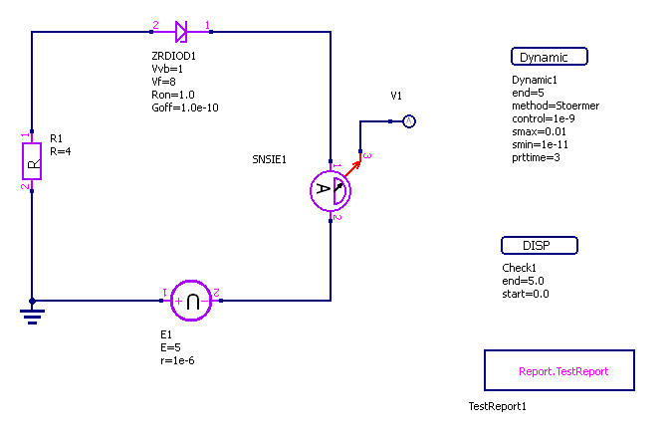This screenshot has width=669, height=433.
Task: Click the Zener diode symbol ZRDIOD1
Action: point(180,32)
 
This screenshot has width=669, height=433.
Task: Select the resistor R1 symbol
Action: point(33,160)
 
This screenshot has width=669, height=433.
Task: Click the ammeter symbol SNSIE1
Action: point(332,190)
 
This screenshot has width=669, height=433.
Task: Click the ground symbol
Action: point(33,315)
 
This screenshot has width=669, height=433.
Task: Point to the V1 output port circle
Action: point(407,121)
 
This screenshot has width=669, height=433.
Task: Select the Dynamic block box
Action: point(549,57)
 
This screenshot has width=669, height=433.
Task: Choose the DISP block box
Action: point(538,246)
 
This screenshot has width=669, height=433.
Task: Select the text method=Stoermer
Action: point(555,106)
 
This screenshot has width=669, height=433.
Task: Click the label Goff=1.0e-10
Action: point(178,108)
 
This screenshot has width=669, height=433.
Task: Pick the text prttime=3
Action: point(536,157)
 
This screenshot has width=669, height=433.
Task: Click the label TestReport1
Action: point(497,406)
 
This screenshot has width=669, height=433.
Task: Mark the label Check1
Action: point(520,268)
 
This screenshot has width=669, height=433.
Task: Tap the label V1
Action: point(396,97)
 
